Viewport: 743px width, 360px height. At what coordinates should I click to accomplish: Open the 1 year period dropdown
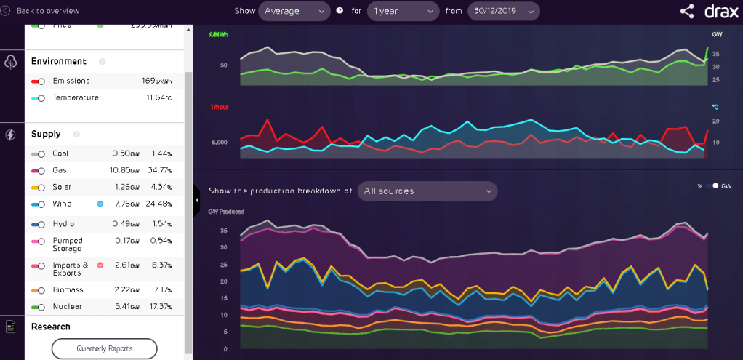click(403, 11)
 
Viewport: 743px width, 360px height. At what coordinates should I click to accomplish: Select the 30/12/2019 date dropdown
click(504, 11)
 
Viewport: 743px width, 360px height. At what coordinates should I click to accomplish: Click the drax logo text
click(721, 11)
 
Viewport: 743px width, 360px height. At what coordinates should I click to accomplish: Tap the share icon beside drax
click(687, 11)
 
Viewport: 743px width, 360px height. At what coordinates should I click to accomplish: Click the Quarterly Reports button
click(105, 348)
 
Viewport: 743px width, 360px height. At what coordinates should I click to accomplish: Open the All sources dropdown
click(427, 191)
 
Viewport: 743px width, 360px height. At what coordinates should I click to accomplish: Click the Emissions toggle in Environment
click(38, 81)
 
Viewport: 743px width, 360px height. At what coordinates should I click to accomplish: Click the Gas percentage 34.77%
click(161, 170)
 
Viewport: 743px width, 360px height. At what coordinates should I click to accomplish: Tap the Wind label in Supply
click(63, 204)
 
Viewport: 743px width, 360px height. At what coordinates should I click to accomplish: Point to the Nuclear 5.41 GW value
click(127, 307)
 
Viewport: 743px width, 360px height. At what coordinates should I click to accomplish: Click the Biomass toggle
click(38, 291)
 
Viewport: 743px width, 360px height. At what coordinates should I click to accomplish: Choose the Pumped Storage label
click(68, 244)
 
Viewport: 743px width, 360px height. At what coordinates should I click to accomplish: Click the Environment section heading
click(58, 62)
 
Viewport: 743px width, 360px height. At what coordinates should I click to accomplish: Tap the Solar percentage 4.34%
click(161, 187)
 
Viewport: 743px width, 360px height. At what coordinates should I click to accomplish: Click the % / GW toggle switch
click(710, 186)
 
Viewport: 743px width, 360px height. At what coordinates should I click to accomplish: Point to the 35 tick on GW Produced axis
click(223, 231)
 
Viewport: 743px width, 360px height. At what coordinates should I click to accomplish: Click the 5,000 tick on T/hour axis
click(220, 143)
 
